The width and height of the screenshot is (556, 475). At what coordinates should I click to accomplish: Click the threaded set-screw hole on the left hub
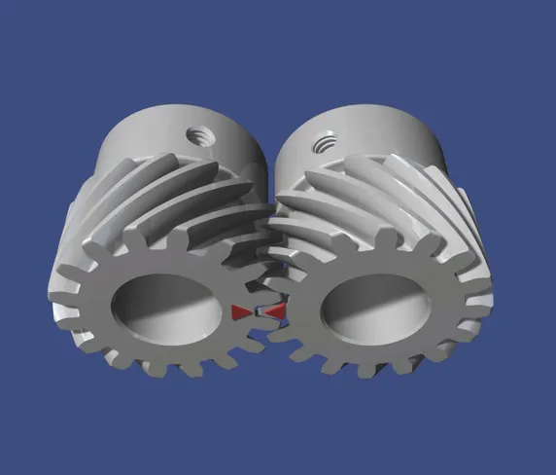point(200,131)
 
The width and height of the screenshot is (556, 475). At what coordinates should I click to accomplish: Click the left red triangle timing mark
point(242,311)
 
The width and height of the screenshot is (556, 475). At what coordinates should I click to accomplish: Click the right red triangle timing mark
point(276,311)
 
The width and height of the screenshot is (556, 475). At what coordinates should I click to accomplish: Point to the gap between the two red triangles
point(260,311)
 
